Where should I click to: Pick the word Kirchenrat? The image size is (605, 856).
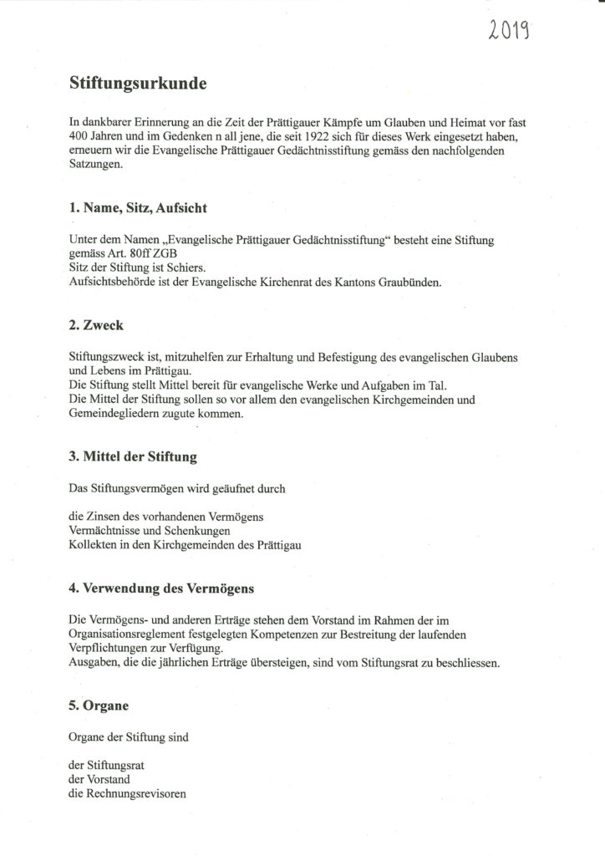tap(289, 283)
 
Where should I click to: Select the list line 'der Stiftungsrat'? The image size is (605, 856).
tap(107, 763)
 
